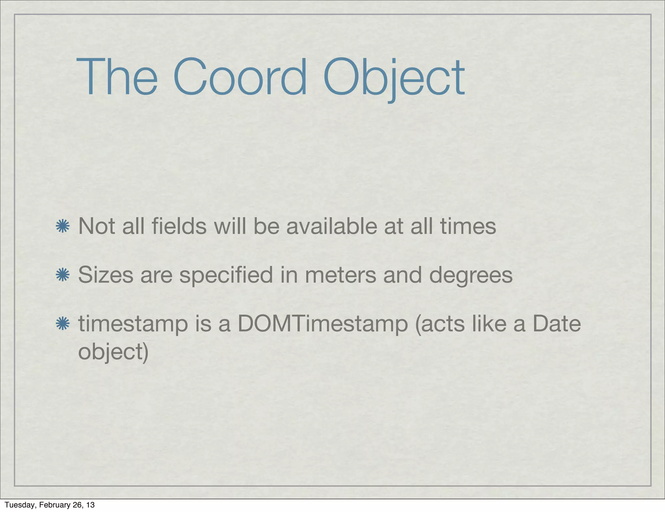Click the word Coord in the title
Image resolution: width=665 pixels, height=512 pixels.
click(x=240, y=77)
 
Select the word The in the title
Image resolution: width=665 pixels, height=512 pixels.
click(x=117, y=77)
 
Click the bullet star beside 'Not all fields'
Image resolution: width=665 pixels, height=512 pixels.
click(x=62, y=226)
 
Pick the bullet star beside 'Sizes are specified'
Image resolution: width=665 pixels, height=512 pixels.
click(x=62, y=275)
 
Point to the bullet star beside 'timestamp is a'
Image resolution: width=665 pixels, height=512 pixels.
click(x=62, y=324)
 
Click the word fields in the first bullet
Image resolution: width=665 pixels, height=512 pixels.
click(x=179, y=226)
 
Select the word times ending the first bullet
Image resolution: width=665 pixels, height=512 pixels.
click(x=468, y=226)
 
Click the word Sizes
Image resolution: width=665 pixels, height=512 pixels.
click(x=106, y=275)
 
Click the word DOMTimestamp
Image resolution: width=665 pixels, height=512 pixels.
click(x=322, y=325)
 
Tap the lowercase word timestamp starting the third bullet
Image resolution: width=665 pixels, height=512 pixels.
click(x=133, y=325)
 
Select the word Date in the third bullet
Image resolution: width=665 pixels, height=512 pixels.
click(x=557, y=324)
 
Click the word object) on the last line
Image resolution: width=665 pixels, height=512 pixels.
click(x=113, y=352)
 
